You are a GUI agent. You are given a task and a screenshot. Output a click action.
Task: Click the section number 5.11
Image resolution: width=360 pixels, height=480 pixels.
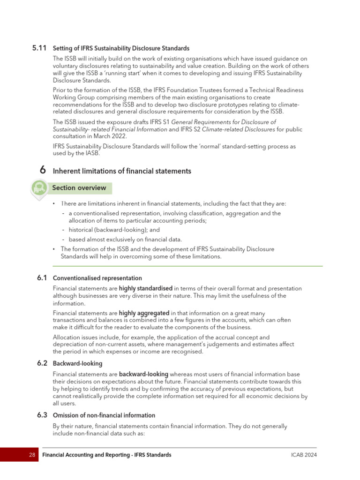39,48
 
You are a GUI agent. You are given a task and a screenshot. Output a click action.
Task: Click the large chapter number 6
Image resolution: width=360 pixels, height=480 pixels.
42,171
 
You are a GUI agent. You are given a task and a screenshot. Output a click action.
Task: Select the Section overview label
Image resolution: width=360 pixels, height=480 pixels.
79,188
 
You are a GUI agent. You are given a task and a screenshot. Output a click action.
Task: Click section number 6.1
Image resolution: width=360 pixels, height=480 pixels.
42,278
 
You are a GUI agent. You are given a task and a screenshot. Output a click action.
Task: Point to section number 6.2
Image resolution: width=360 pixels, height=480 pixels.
42,363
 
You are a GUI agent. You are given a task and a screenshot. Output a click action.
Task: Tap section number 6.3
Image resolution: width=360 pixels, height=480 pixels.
42,415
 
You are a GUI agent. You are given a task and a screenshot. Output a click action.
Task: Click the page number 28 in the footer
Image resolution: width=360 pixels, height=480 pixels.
32,455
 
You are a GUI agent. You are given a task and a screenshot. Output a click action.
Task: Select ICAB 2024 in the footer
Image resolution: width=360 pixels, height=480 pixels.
304,455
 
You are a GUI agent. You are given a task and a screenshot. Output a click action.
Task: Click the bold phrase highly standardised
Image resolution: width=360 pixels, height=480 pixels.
146,288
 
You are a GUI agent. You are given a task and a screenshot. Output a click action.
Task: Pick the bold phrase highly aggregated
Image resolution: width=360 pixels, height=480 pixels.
144,313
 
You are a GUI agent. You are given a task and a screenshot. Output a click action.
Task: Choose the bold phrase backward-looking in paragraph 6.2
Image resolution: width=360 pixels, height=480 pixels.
143,374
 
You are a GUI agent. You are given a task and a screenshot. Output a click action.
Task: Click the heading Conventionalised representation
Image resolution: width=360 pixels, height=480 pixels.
97,278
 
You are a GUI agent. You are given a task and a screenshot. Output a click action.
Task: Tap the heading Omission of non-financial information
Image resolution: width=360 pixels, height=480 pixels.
104,415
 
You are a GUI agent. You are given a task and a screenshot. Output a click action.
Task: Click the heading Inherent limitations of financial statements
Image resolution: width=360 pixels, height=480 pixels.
122,171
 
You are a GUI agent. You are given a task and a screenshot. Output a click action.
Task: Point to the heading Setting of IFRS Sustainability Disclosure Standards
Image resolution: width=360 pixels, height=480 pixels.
121,48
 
